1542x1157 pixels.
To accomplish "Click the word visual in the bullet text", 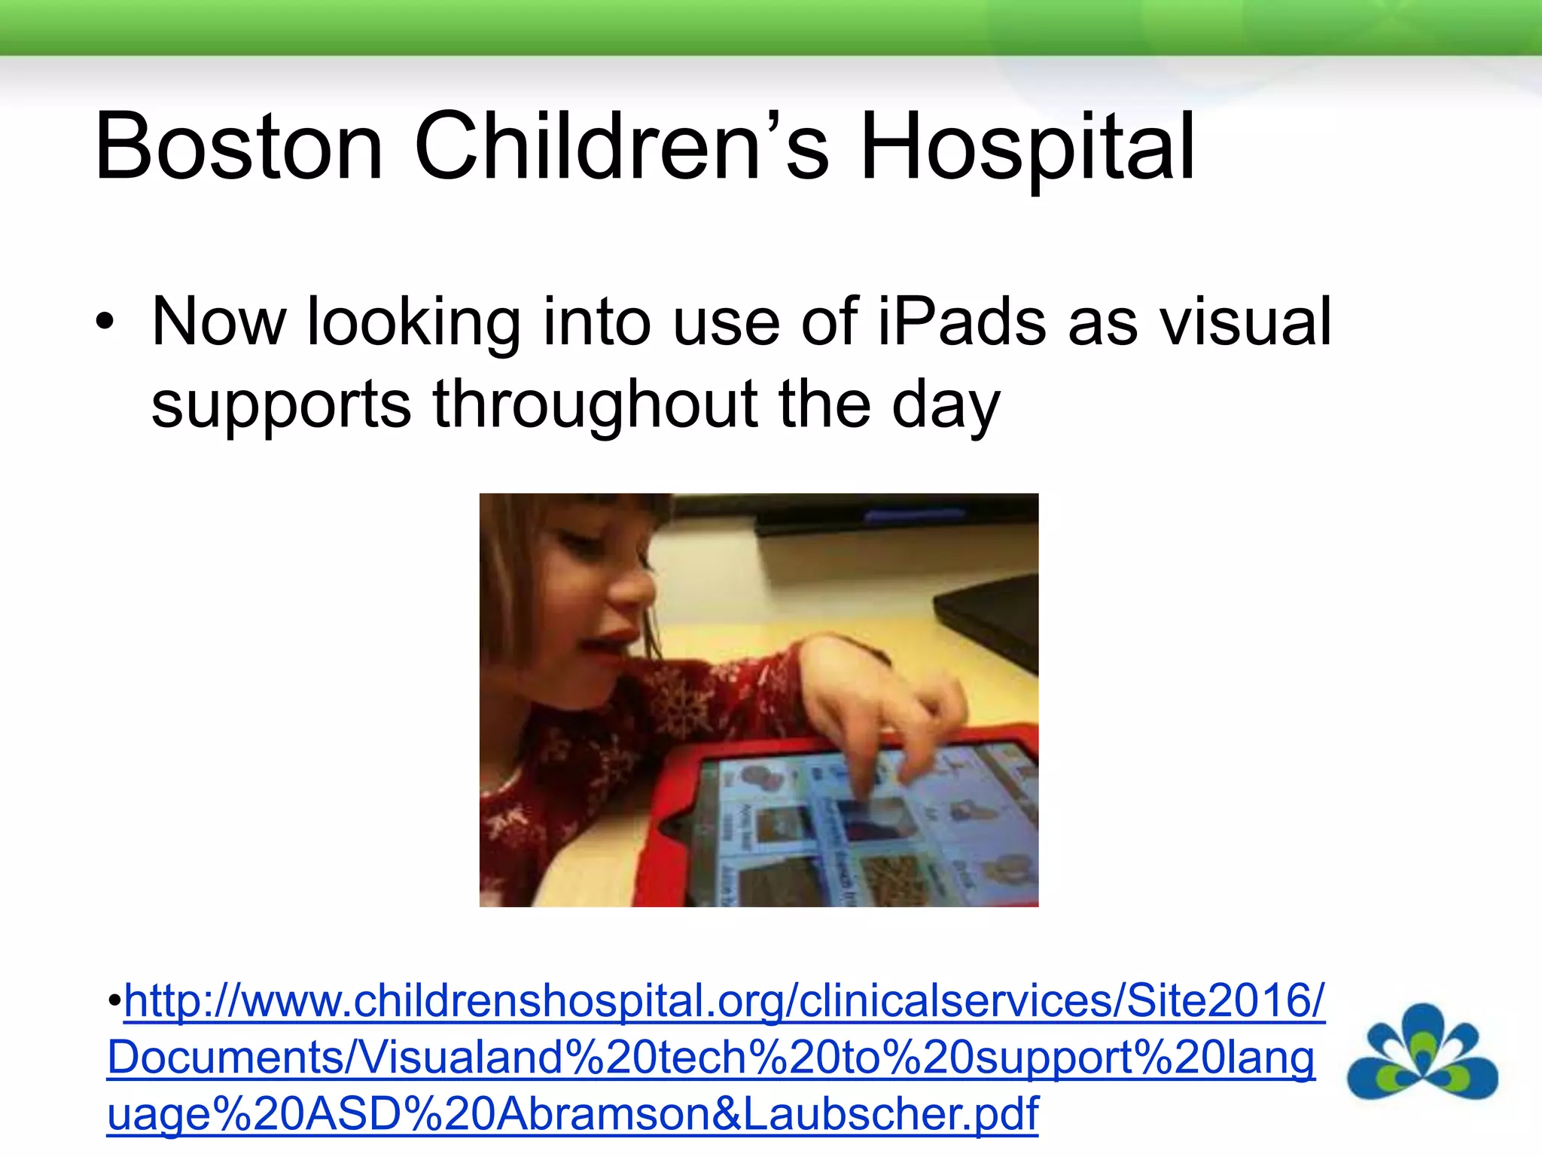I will coord(1245,322).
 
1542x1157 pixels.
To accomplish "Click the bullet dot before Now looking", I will coord(105,323).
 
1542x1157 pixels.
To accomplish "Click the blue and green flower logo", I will coord(1422,1052).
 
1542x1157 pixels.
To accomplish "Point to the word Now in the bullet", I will coord(218,322).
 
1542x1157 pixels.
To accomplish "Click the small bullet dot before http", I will coord(114,1002).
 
